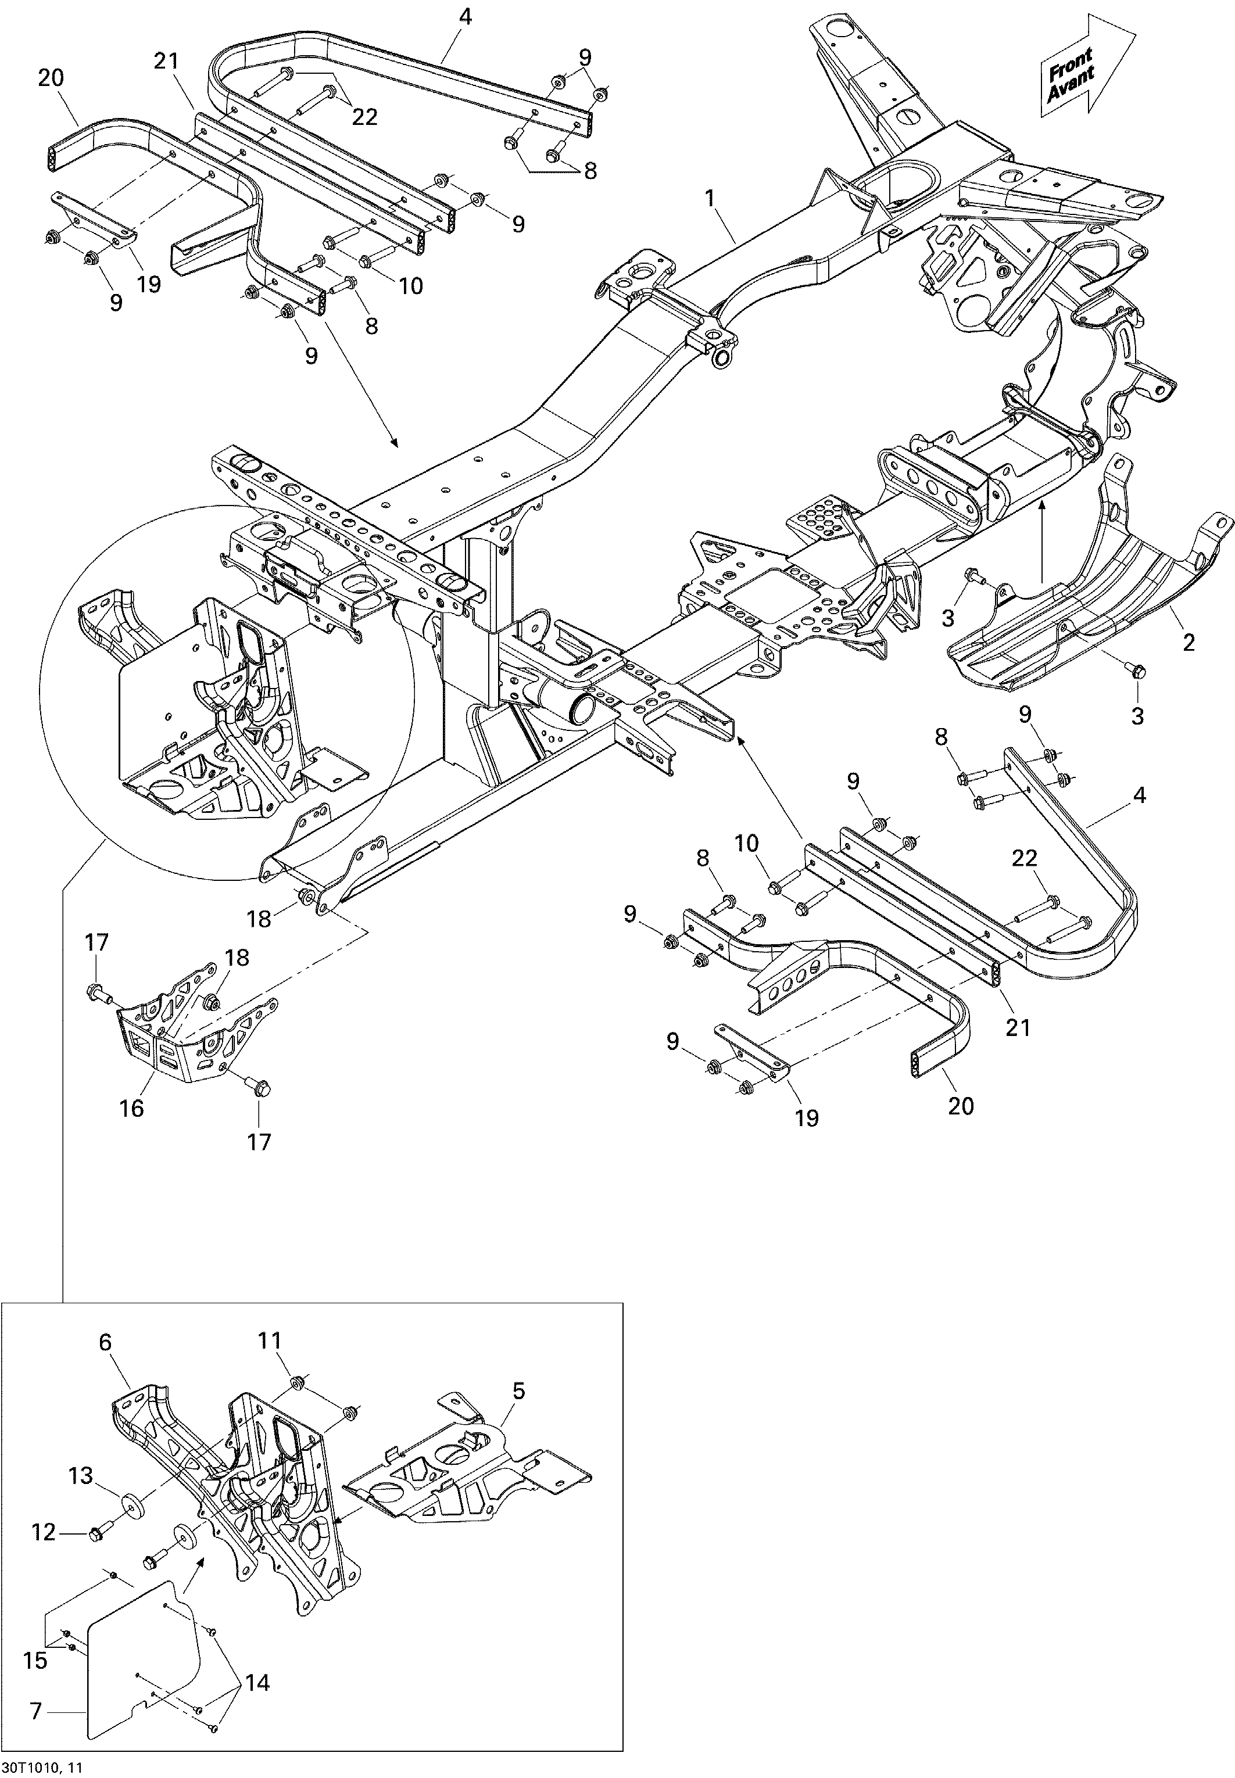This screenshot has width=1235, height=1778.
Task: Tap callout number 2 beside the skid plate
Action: point(1189,642)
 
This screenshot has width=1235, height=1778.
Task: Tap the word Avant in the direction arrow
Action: point(1072,84)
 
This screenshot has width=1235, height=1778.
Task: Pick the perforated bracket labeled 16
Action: point(198,1021)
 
